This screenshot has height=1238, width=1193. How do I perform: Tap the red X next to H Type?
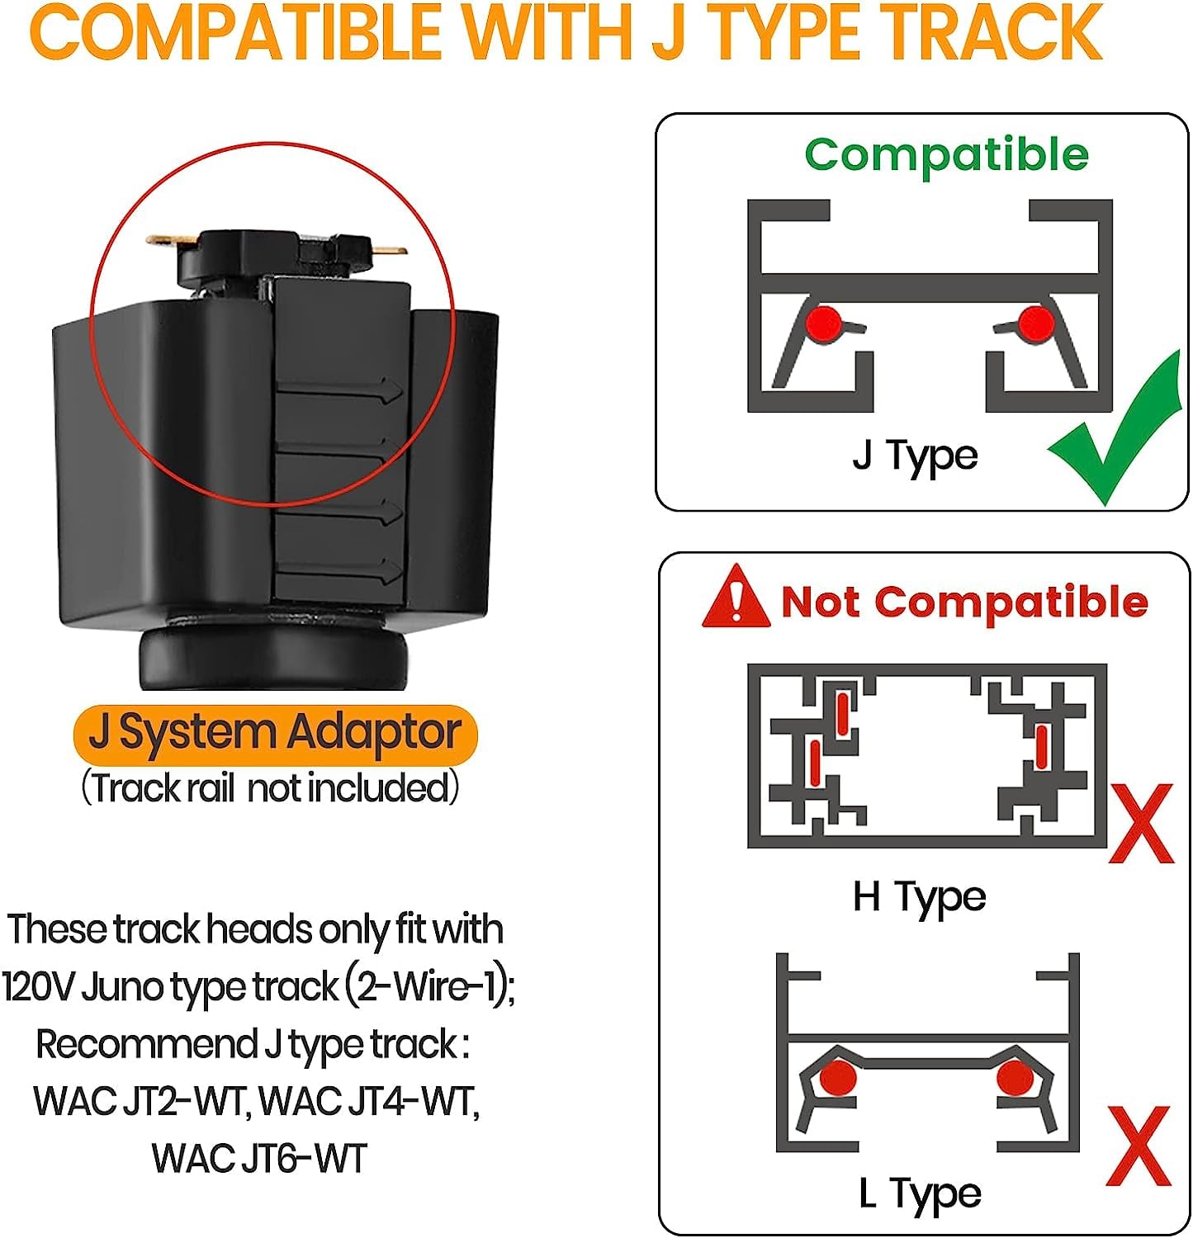1141,823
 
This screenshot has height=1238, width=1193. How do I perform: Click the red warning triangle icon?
735,596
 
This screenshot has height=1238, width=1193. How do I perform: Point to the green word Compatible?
947,154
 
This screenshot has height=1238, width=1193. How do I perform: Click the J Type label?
915,456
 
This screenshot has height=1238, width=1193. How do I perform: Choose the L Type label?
920,1194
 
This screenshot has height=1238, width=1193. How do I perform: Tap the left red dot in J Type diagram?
824,322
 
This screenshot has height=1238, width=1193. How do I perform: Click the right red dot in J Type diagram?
1036,322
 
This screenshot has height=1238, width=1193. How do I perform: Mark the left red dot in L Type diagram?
839,1076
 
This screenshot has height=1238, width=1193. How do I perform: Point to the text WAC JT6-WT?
259,1159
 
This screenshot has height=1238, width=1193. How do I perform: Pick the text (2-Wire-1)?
430,987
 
